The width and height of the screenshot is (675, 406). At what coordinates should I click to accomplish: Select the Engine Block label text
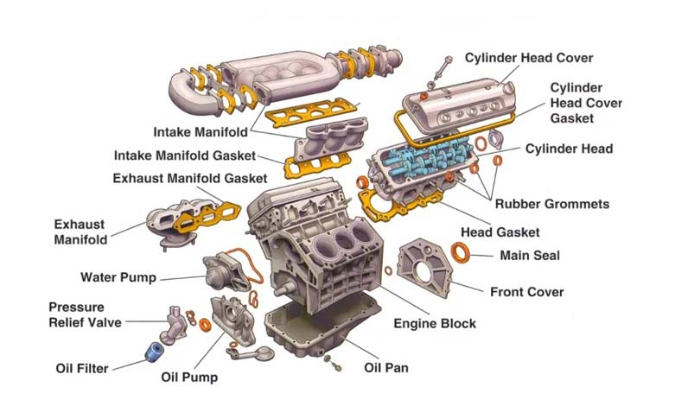click(435, 324)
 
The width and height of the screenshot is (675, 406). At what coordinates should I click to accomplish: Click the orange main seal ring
click(463, 252)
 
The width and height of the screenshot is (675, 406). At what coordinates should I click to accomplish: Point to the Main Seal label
click(530, 256)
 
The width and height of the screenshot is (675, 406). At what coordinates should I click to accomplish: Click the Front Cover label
click(526, 292)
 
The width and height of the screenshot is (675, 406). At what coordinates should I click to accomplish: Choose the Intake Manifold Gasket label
click(185, 156)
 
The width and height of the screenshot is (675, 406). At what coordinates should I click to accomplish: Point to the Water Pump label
click(118, 278)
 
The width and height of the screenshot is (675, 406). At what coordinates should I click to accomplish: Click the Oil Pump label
click(189, 377)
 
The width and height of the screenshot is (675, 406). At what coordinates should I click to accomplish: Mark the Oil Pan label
click(385, 368)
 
